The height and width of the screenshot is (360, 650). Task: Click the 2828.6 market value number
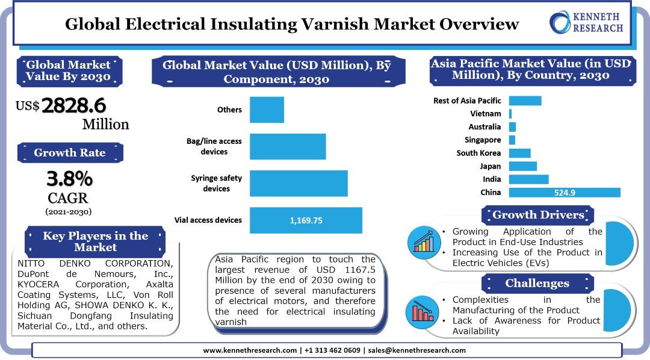pyautogui.click(x=73, y=105)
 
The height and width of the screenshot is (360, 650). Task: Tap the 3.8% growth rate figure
pyautogui.click(x=70, y=178)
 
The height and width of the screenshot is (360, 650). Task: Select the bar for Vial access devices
pyautogui.click(x=306, y=220)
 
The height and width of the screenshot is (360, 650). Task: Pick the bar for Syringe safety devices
pyautogui.click(x=299, y=184)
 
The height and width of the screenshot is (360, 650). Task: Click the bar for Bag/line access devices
pyautogui.click(x=288, y=146)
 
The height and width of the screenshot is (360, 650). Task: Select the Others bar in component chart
pyautogui.click(x=267, y=110)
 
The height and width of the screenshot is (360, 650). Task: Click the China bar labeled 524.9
pyautogui.click(x=564, y=193)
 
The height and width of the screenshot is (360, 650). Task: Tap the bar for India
pyautogui.click(x=528, y=179)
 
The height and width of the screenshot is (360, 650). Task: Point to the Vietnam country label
pyautogui.click(x=485, y=113)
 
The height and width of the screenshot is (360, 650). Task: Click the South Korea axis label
pyautogui.click(x=478, y=153)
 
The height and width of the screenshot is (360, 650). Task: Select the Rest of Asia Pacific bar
pyautogui.click(x=525, y=101)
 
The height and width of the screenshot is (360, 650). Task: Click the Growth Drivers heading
pyautogui.click(x=538, y=215)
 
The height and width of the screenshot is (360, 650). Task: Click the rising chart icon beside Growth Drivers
pyautogui.click(x=424, y=241)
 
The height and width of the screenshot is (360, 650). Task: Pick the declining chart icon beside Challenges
pyautogui.click(x=424, y=309)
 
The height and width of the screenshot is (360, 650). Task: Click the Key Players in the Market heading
pyautogui.click(x=95, y=241)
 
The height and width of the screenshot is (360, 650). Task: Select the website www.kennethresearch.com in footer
pyautogui.click(x=249, y=350)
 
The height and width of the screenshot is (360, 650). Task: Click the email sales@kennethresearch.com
pyautogui.click(x=416, y=350)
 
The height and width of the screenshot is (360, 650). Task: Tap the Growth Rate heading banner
pyautogui.click(x=70, y=152)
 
